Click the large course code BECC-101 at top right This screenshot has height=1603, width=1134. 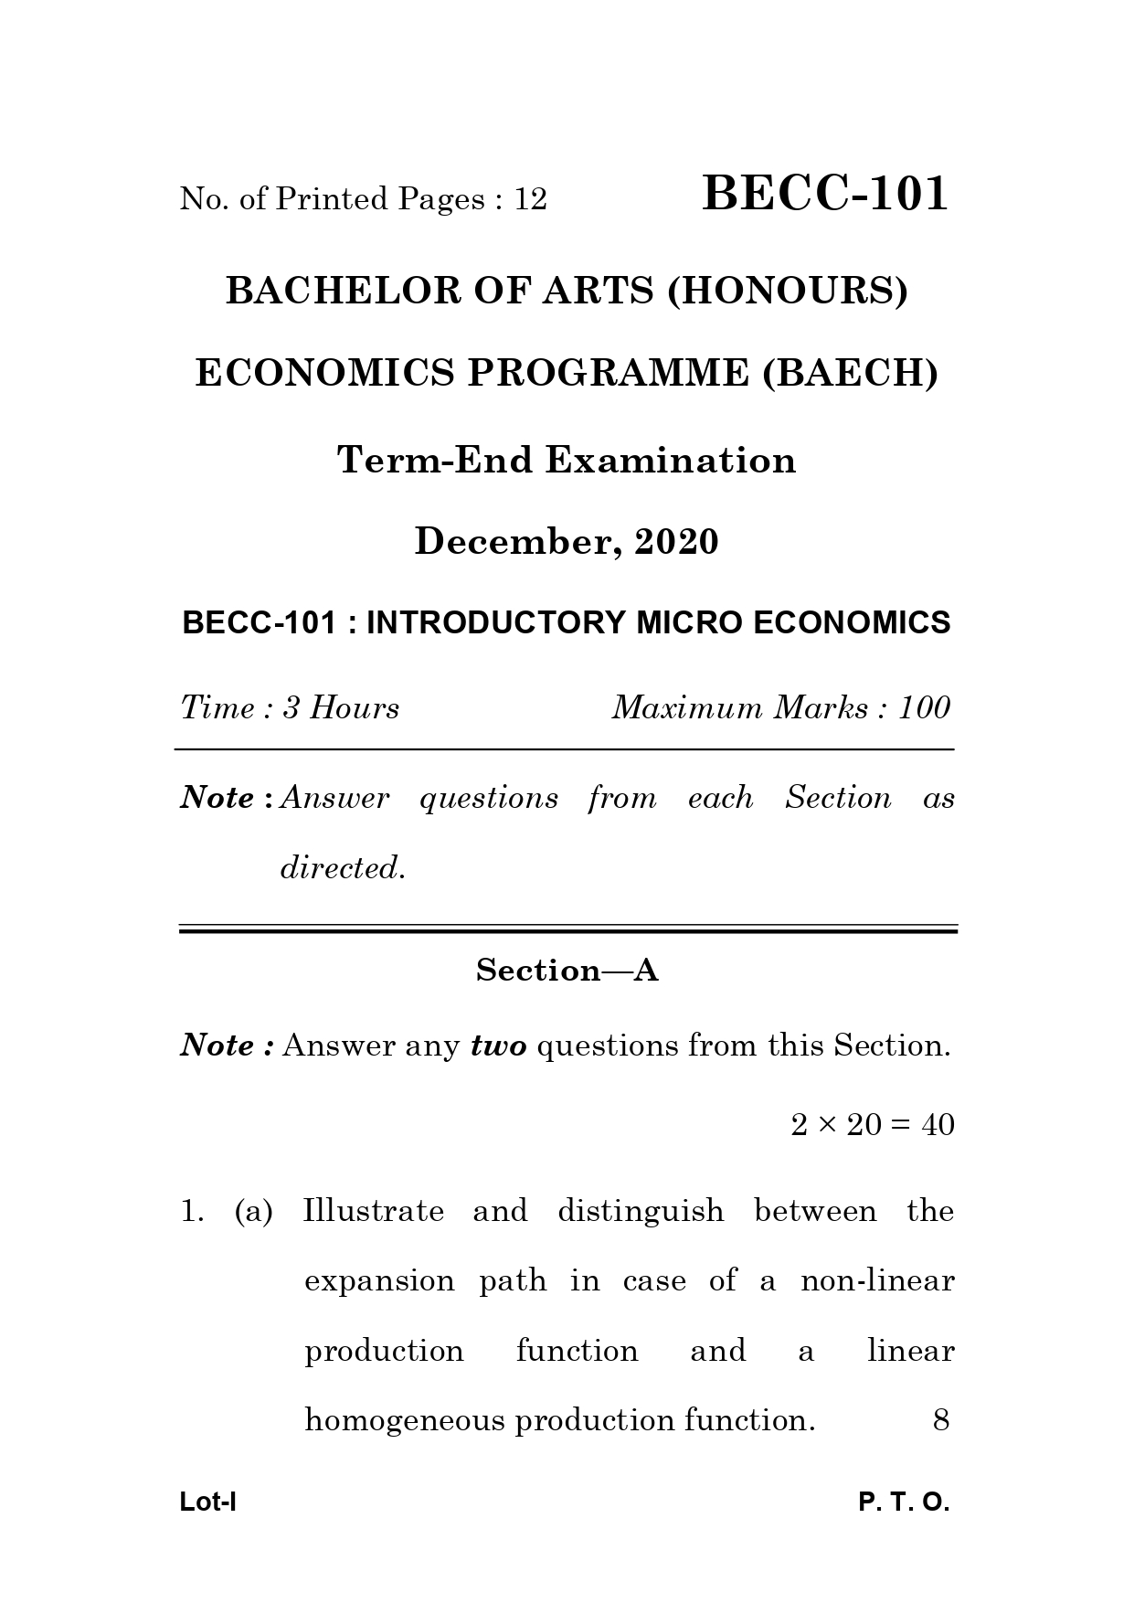[x=825, y=194]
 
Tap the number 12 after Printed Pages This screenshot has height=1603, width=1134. [x=530, y=199]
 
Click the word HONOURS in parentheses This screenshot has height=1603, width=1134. [x=788, y=291]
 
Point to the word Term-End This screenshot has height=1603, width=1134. [x=435, y=460]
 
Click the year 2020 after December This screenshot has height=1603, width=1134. [x=677, y=542]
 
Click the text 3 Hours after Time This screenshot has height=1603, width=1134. [x=341, y=708]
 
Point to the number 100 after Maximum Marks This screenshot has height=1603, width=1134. [x=924, y=708]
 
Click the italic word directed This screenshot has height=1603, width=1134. [x=342, y=867]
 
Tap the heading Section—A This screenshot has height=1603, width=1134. [x=567, y=971]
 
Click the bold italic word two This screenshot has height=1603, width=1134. [x=499, y=1046]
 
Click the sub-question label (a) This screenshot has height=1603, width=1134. [x=253, y=1212]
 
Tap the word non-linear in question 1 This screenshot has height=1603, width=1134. [x=877, y=1281]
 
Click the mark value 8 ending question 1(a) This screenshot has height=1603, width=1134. [x=941, y=1420]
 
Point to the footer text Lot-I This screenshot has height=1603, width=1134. [x=208, y=1502]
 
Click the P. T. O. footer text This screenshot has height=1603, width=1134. [x=904, y=1502]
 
